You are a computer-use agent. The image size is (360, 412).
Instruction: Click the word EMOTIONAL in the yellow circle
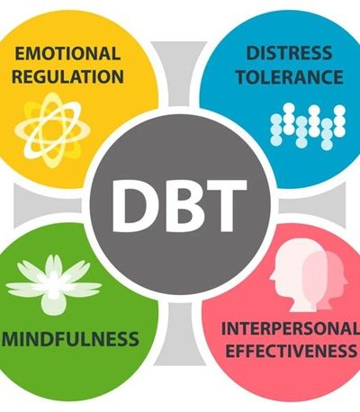(x=67, y=54)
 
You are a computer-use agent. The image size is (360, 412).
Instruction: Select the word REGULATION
(x=67, y=76)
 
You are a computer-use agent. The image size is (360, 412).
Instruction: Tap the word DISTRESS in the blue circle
(x=289, y=53)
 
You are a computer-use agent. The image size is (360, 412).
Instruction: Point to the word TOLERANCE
(x=290, y=76)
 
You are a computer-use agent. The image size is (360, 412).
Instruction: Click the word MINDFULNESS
(x=70, y=338)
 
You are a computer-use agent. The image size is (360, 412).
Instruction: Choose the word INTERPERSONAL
(x=291, y=328)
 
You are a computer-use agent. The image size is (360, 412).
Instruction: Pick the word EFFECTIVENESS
(x=291, y=351)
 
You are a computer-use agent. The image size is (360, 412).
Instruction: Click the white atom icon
(x=52, y=130)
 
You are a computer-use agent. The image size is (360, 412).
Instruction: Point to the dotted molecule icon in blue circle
(x=308, y=126)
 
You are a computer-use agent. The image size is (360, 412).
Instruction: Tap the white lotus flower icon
(x=53, y=283)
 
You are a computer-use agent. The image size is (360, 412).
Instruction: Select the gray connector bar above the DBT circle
(x=179, y=74)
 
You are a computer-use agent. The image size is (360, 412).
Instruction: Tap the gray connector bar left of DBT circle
(x=48, y=206)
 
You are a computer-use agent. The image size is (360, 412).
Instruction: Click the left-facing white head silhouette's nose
(x=271, y=278)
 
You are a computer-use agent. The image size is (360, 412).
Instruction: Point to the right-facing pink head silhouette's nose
(x=346, y=282)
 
